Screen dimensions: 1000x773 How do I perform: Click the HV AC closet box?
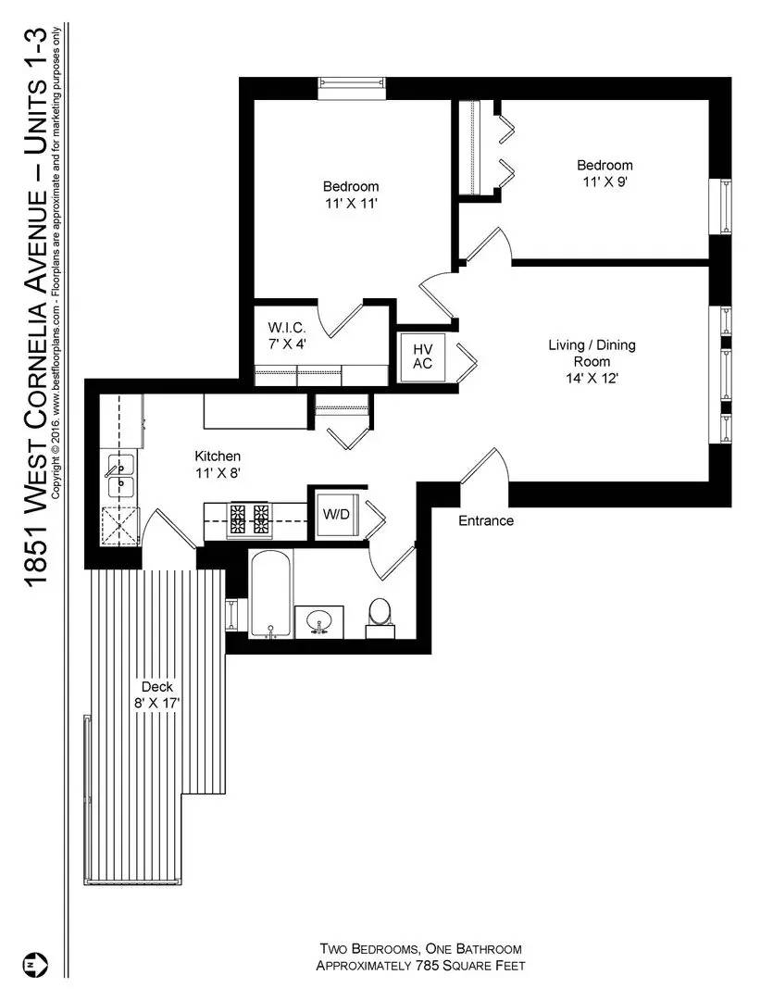click(x=423, y=356)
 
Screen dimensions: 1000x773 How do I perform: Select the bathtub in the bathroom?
click(x=269, y=593)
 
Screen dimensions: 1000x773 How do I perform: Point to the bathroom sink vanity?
click(x=319, y=621)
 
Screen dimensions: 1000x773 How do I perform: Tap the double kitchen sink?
click(x=119, y=474)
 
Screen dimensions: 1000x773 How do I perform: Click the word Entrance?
click(x=486, y=521)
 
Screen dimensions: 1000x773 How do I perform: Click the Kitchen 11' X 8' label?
click(x=218, y=464)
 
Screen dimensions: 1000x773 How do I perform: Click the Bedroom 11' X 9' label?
click(x=605, y=173)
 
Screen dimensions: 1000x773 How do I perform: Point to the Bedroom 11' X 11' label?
click(x=351, y=194)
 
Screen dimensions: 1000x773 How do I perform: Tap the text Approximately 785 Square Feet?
click(x=421, y=966)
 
